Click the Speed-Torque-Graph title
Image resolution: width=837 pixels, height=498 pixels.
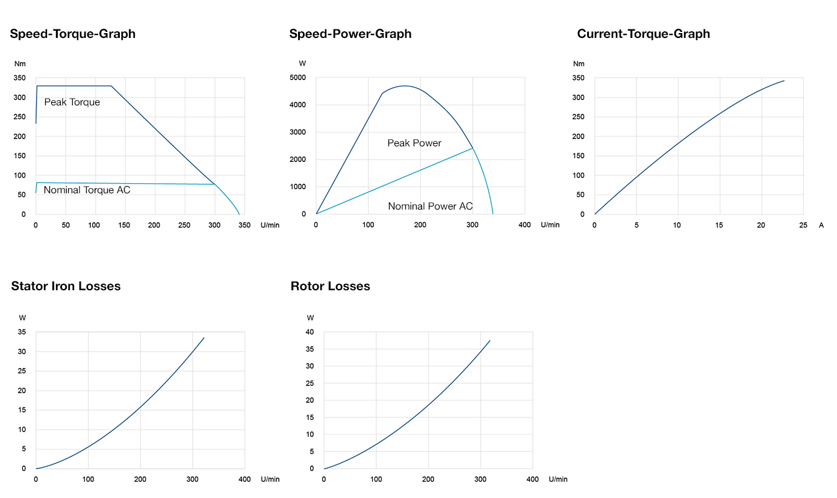pos(72,34)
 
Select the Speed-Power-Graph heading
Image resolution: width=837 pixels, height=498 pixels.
pos(350,34)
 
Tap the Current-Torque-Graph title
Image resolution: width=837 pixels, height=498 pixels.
pos(643,34)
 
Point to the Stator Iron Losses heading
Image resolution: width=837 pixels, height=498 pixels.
pos(66,286)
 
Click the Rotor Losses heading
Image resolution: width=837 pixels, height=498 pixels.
pos(330,286)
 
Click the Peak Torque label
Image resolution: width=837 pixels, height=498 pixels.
pos(72,102)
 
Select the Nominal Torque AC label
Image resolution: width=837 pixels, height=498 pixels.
pos(87,190)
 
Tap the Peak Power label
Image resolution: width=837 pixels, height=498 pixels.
pos(414,143)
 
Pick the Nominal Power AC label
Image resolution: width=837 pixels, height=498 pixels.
pos(430,207)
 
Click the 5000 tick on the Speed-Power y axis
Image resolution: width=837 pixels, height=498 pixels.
pos(298,78)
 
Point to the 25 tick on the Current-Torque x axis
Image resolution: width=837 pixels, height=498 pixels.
pos(803,225)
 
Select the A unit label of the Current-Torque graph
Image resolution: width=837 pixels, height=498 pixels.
pos(821,225)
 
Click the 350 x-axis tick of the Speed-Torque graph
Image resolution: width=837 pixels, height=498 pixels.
pos(244,225)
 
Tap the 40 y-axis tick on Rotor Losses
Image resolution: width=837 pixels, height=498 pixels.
pos(310,332)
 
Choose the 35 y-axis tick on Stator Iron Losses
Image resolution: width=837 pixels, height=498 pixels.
pos(23,332)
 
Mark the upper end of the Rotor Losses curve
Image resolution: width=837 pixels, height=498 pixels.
pos(490,341)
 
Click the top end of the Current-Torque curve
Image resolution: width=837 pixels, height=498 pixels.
pos(784,81)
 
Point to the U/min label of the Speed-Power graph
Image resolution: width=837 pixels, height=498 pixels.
pos(550,225)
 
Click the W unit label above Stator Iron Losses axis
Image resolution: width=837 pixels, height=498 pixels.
pos(22,318)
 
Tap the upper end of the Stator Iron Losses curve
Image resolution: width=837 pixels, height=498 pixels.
pos(204,338)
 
